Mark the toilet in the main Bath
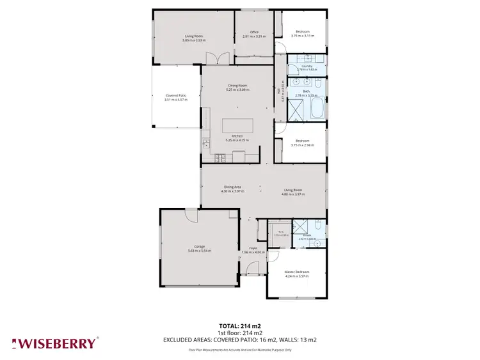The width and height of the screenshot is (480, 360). [318, 83]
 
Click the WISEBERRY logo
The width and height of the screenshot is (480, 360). [54, 343]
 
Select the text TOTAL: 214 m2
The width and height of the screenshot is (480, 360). [240, 326]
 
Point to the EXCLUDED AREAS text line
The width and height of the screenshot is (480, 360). [240, 340]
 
